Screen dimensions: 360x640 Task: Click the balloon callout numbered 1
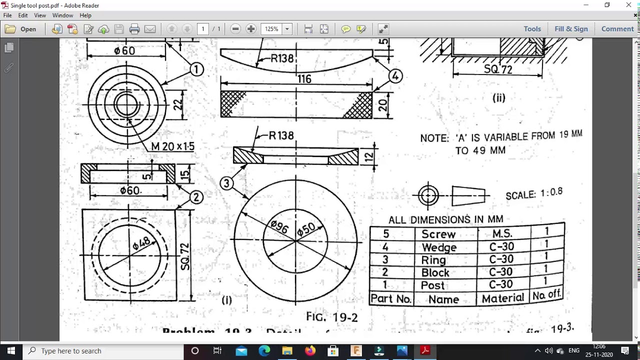[x=196, y=69]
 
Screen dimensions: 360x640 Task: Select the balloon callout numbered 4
[x=395, y=76]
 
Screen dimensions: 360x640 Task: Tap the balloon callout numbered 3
[x=226, y=183]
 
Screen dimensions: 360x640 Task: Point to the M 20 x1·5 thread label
[x=172, y=146]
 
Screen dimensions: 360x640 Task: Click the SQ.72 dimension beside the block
[x=185, y=256]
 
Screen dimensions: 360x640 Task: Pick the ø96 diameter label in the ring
[x=279, y=227]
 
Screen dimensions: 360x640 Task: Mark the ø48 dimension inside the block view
[x=141, y=243]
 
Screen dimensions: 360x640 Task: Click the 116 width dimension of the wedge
[x=304, y=79]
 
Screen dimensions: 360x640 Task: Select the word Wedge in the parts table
[x=439, y=247]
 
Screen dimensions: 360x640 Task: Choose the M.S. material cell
[x=502, y=234]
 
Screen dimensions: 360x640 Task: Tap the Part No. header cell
[x=390, y=299]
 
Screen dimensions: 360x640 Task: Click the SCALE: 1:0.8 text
[x=534, y=193]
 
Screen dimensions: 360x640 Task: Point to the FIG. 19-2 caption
[x=332, y=317]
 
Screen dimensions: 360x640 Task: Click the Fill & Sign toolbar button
[x=571, y=29]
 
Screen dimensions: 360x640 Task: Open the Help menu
[x=85, y=15]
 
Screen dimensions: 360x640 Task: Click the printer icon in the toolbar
[x=134, y=29]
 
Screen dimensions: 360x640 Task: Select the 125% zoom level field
[x=272, y=29]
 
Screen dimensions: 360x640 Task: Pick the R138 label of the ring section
[x=281, y=135]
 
